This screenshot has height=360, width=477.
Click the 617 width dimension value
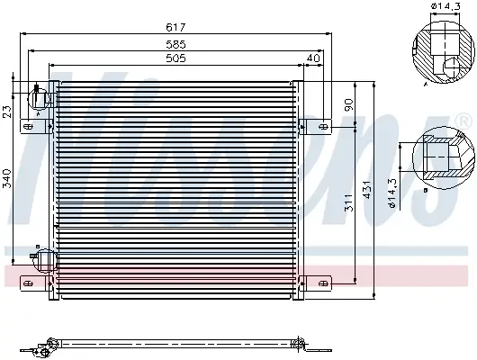(x=175, y=27)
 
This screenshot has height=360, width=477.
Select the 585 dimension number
(x=175, y=44)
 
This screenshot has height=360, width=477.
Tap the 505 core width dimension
(x=175, y=58)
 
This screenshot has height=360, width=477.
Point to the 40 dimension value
(x=313, y=58)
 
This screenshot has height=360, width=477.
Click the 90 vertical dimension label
(x=349, y=104)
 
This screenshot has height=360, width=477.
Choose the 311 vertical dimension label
(x=349, y=202)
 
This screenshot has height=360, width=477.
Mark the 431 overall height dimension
(x=367, y=190)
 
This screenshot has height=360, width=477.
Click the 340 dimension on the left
(x=6, y=178)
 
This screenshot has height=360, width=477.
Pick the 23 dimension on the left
(x=6, y=111)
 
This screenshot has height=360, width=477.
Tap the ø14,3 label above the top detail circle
(x=445, y=5)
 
